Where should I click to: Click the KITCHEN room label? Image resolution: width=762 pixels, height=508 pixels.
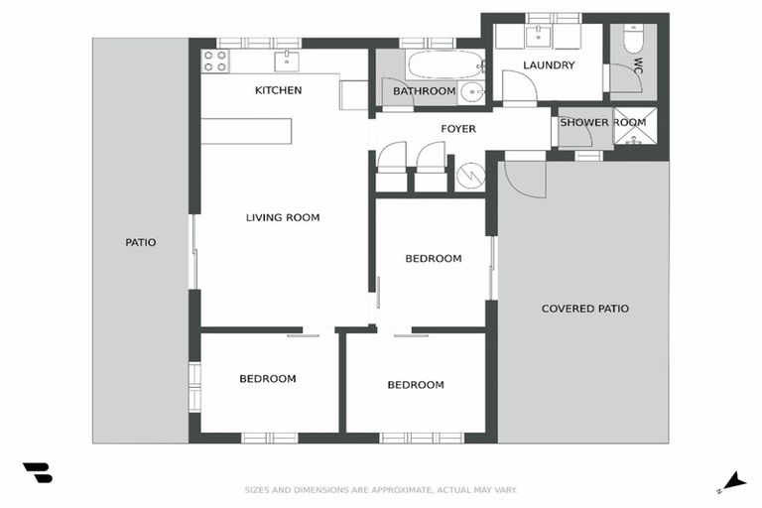278,90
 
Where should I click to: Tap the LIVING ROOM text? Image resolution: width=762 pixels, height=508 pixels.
283,217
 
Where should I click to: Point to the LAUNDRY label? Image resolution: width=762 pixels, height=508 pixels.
549,65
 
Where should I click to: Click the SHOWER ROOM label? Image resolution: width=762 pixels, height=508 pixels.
602,122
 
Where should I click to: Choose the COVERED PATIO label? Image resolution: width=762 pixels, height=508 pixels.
584,309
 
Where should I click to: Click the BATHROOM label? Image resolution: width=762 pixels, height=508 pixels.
424,91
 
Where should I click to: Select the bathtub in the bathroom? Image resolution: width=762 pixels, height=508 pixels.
444,65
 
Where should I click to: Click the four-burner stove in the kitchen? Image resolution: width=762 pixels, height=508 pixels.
215,61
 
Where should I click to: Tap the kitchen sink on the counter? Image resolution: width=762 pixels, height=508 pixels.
288,61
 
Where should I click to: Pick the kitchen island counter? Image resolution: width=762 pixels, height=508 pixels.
247,131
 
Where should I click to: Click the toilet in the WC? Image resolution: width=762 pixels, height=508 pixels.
632,43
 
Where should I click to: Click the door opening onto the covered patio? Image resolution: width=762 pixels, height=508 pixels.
525,178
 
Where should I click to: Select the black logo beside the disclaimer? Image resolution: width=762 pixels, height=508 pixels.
38,473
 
